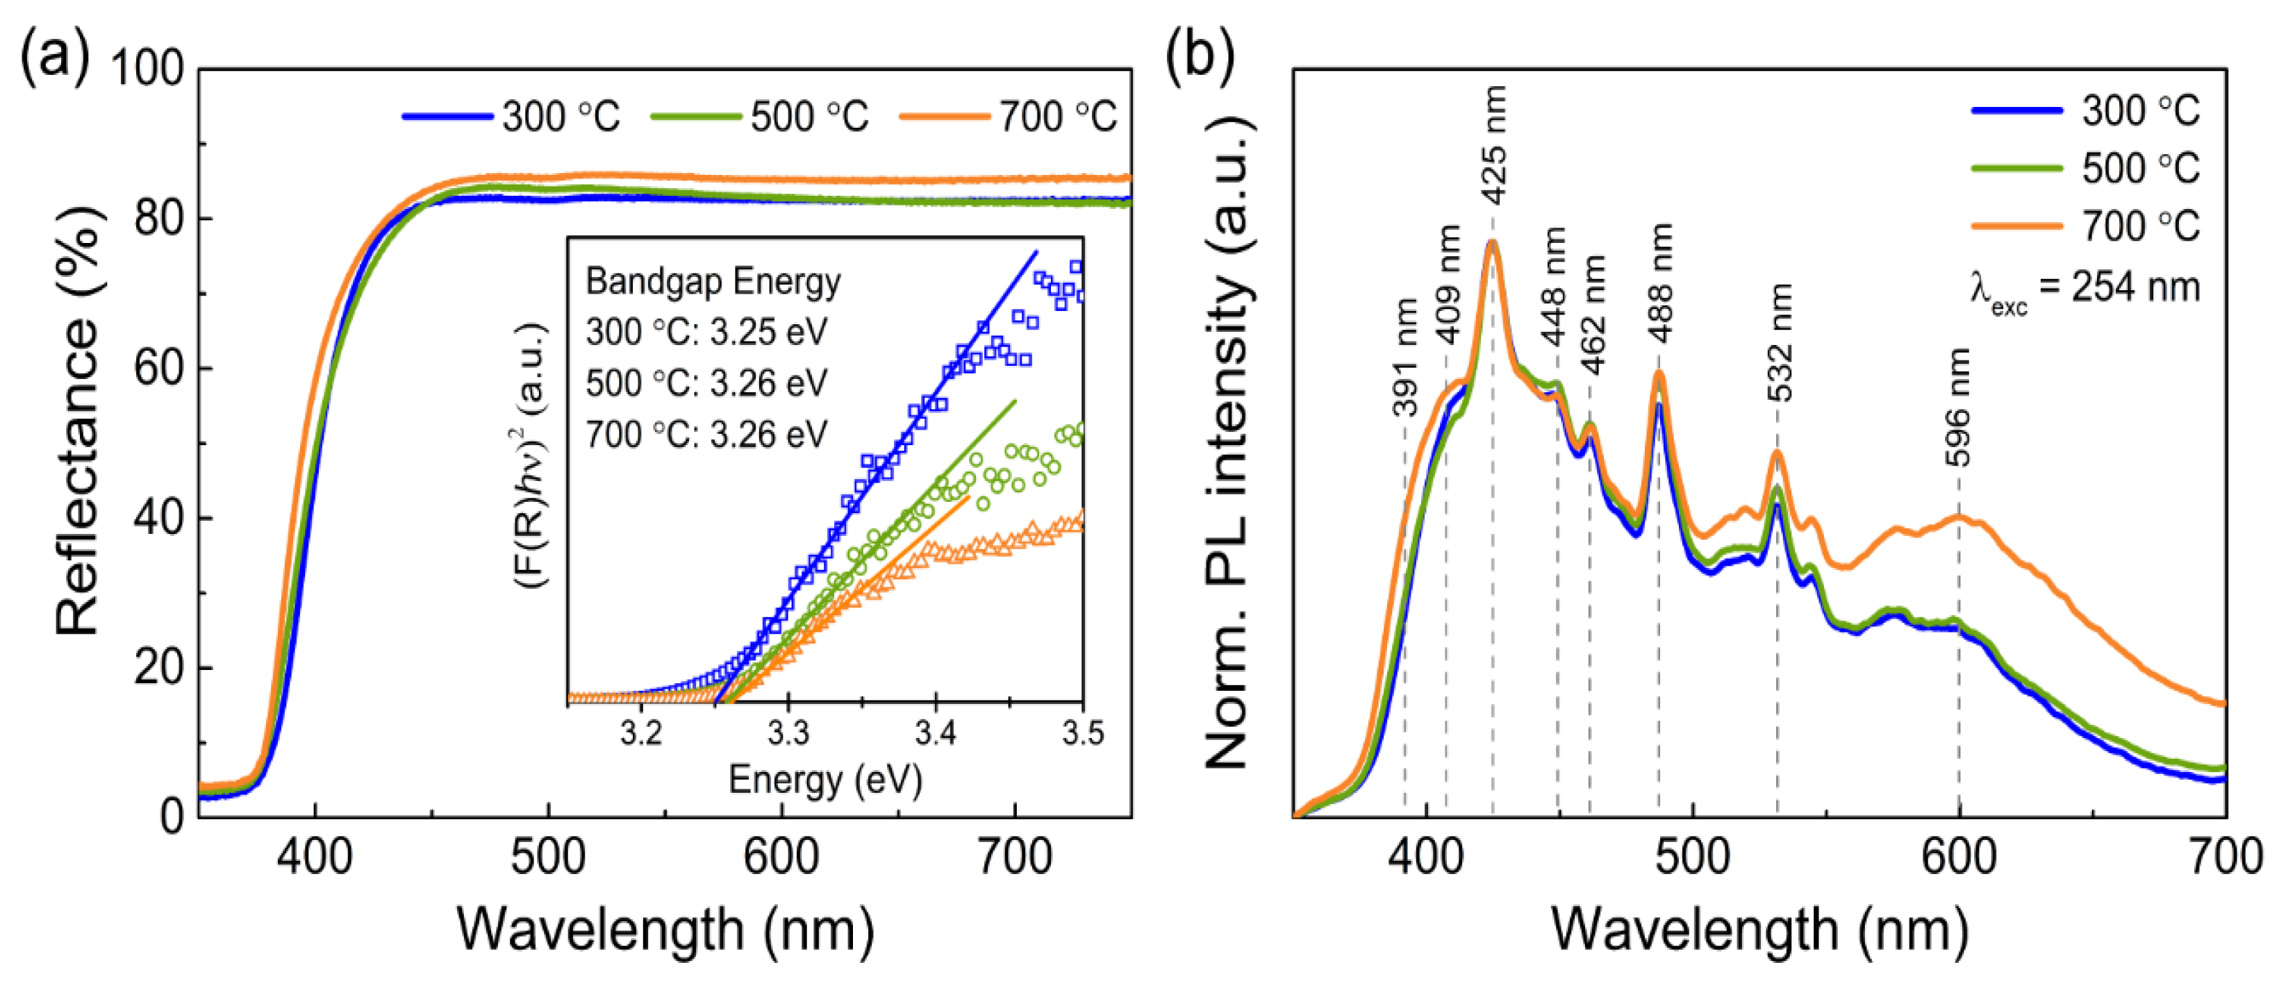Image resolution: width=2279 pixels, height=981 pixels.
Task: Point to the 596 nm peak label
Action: (x=1958, y=407)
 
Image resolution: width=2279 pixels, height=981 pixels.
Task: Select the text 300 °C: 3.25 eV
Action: (x=706, y=333)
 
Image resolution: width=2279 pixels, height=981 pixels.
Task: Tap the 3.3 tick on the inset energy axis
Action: (x=788, y=733)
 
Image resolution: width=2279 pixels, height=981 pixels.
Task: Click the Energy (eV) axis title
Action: (x=824, y=780)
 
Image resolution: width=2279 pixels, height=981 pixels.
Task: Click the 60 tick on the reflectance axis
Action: (x=158, y=368)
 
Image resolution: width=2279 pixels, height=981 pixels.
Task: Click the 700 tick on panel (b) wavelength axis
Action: (x=2224, y=856)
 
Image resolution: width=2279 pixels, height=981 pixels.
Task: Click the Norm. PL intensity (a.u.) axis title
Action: (x=1227, y=442)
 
